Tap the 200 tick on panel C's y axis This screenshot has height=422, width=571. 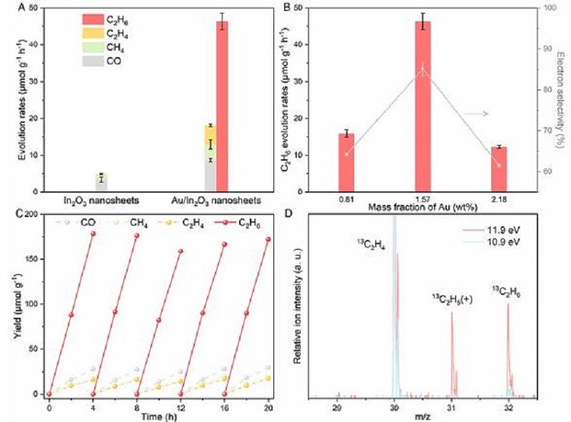[30, 215]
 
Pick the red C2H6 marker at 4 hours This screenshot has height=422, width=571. [94, 234]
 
